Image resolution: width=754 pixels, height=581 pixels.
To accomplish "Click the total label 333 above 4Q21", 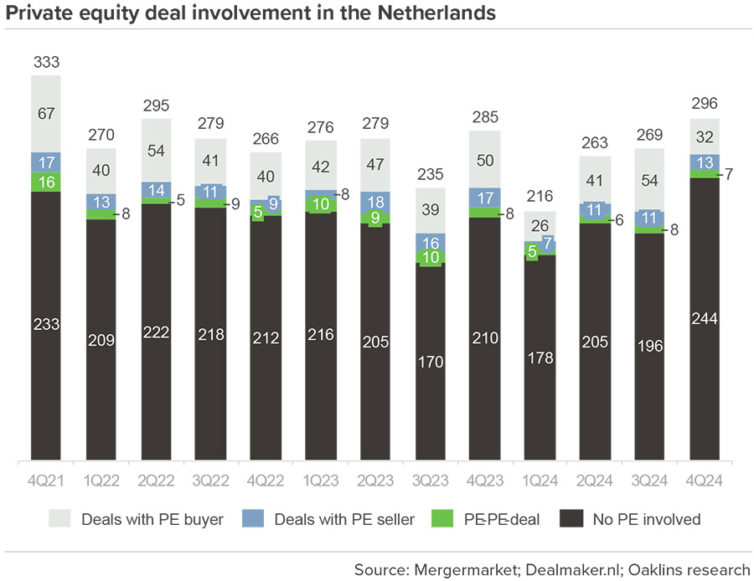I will (x=47, y=62).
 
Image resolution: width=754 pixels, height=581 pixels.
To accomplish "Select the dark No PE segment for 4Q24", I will (x=705, y=318).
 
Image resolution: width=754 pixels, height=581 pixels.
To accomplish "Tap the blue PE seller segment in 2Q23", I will (x=376, y=202).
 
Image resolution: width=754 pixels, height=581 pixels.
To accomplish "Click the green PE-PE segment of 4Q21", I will (x=47, y=182).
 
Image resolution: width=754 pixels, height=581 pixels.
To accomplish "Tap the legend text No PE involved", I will (x=647, y=519).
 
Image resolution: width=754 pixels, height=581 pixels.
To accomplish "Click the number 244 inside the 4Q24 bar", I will (x=705, y=318).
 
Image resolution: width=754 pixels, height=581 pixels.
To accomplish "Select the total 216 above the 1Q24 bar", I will (x=540, y=198).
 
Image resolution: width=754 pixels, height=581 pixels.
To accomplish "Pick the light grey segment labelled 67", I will (x=47, y=114).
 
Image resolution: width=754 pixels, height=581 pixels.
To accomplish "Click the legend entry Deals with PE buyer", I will (x=137, y=519).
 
